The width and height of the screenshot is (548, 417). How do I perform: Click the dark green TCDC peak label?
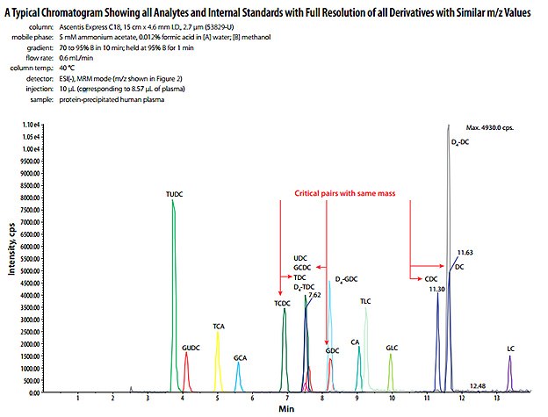click(282, 303)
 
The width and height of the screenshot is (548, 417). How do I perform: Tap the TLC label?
click(366, 301)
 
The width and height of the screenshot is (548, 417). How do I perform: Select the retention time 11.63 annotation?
click(465, 253)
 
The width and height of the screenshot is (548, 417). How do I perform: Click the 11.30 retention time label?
click(436, 288)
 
